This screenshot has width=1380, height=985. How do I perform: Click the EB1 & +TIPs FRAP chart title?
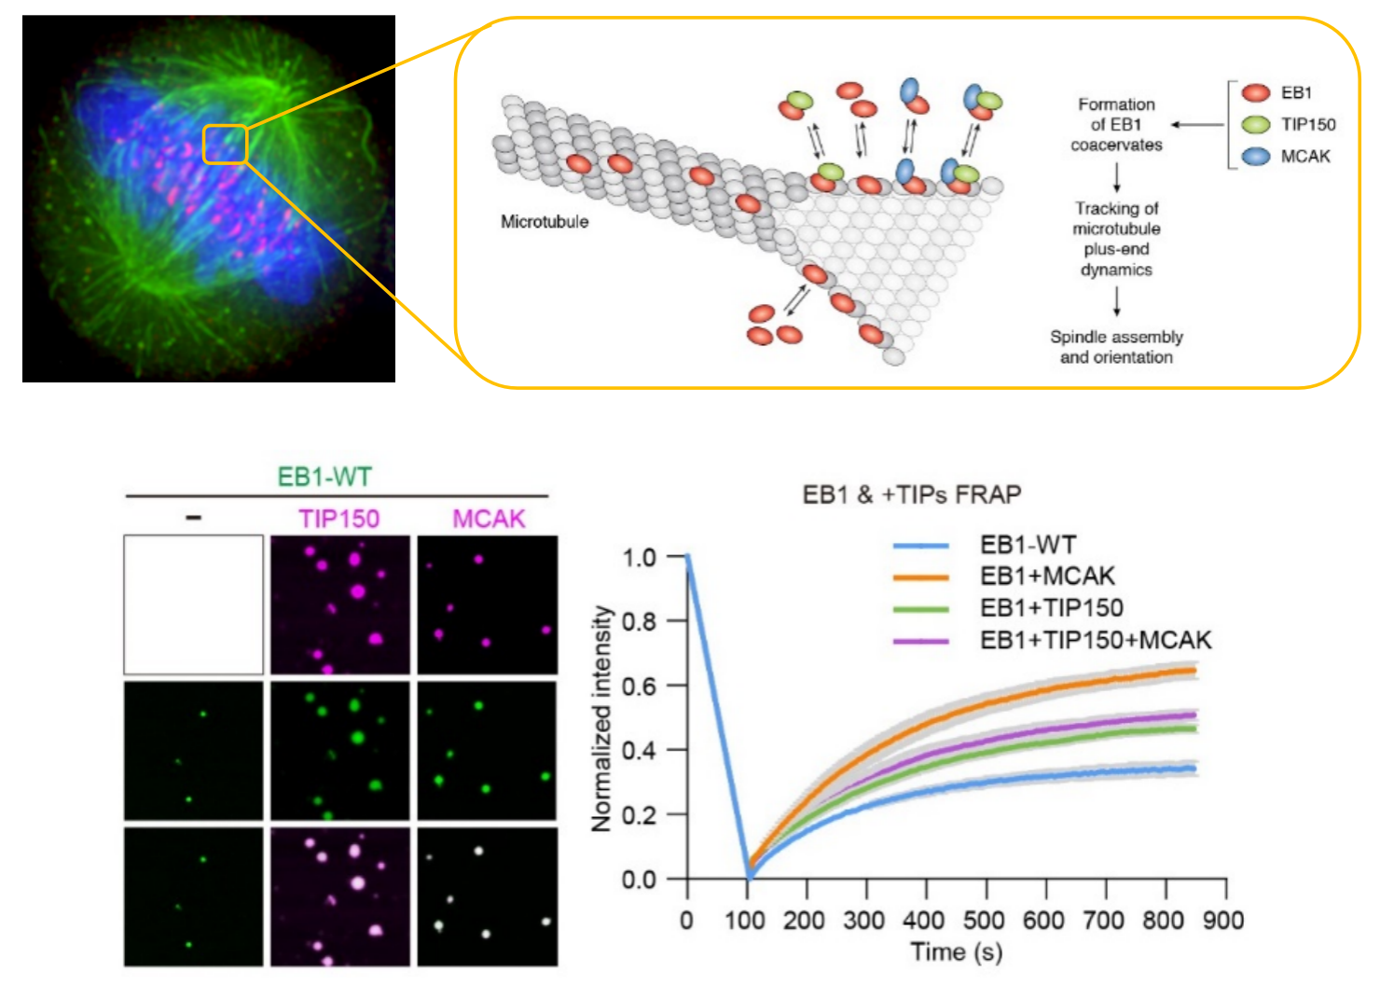[911, 494]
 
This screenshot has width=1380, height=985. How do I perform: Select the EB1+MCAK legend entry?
[1047, 576]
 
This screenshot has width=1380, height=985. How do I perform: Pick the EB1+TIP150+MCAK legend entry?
[1096, 640]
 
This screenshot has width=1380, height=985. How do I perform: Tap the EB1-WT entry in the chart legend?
[1028, 545]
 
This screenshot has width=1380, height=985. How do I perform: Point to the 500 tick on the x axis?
[984, 921]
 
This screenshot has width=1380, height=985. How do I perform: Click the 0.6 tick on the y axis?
[640, 686]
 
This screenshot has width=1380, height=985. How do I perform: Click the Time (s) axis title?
[956, 952]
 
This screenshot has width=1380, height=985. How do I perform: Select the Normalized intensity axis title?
[602, 718]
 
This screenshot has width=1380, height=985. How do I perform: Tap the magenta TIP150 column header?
[339, 519]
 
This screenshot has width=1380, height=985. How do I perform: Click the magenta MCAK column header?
[489, 519]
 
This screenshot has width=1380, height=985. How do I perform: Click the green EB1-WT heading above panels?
[324, 477]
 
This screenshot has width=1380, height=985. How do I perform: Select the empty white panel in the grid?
[194, 604]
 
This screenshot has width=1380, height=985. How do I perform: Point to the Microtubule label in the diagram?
[545, 222]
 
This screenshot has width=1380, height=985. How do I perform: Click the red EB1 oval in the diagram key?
[1256, 92]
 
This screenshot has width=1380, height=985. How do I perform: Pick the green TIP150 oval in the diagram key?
[1256, 124]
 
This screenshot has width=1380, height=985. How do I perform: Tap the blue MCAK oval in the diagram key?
[1256, 156]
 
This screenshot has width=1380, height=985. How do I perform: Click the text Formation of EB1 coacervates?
[1116, 125]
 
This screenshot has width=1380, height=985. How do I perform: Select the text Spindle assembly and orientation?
[1116, 347]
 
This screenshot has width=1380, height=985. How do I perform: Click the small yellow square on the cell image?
[225, 145]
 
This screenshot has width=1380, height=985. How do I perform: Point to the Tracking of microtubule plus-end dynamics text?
[1116, 239]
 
